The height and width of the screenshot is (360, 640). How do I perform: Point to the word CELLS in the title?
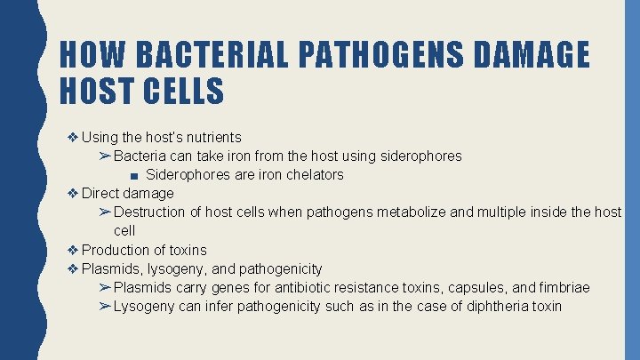pyautogui.click(x=183, y=91)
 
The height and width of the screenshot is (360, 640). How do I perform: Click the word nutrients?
pyautogui.click(x=211, y=137)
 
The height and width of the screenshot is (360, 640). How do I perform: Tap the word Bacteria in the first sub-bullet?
pyautogui.click(x=141, y=156)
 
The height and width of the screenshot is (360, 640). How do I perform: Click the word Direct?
pyautogui.click(x=100, y=193)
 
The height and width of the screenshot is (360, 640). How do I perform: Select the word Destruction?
pyautogui.click(x=149, y=212)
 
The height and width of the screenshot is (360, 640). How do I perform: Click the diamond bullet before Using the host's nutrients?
pyautogui.click(x=73, y=137)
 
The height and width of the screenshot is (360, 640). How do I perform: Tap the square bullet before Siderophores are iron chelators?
pyautogui.click(x=132, y=175)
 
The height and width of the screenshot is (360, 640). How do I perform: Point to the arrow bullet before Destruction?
pyautogui.click(x=104, y=212)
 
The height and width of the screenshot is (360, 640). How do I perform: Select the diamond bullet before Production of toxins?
pyautogui.click(x=73, y=250)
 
